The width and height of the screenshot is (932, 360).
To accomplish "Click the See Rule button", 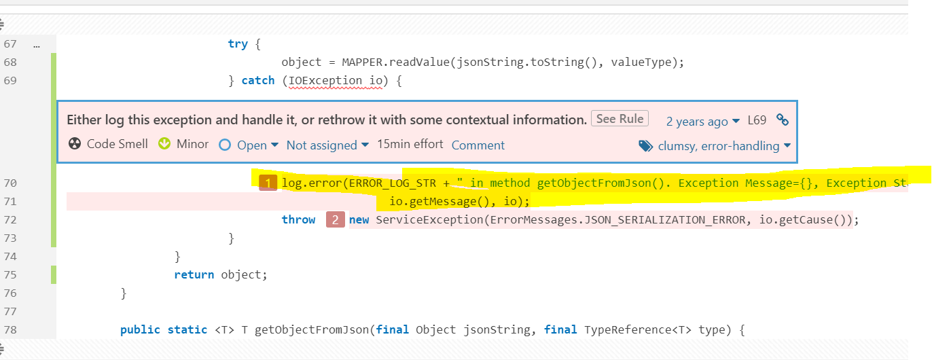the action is click(620, 119).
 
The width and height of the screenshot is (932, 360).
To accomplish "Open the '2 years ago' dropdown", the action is click(703, 121).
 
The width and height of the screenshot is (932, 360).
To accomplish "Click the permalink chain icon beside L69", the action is click(783, 120).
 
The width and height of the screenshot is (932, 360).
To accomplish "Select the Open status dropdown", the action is click(249, 145).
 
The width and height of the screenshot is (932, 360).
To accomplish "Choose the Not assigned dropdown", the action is click(327, 145).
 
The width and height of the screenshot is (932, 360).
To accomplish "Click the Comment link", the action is click(478, 145).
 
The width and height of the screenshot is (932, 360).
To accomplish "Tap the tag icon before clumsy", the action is click(645, 146).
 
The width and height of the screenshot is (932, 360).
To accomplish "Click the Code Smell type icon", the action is click(75, 143).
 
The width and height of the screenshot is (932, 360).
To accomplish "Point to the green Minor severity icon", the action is click(164, 143).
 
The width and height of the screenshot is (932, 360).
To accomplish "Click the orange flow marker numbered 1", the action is click(268, 183).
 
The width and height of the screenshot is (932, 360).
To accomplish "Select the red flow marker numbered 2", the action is click(336, 219).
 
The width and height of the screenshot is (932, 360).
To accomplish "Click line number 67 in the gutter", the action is click(10, 43).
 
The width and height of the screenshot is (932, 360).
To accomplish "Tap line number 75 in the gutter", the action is click(10, 274).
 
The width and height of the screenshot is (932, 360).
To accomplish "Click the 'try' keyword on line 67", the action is click(238, 43).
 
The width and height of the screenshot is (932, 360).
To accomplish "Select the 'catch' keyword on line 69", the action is click(258, 80).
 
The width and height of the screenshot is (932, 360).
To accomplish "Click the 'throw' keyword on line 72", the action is click(298, 219).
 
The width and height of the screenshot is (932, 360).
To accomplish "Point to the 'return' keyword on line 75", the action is click(194, 274).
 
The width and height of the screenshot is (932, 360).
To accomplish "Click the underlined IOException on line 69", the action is click(325, 80).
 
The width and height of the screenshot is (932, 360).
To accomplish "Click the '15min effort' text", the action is click(410, 144).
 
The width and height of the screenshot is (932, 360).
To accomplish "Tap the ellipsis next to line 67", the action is click(37, 46).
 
